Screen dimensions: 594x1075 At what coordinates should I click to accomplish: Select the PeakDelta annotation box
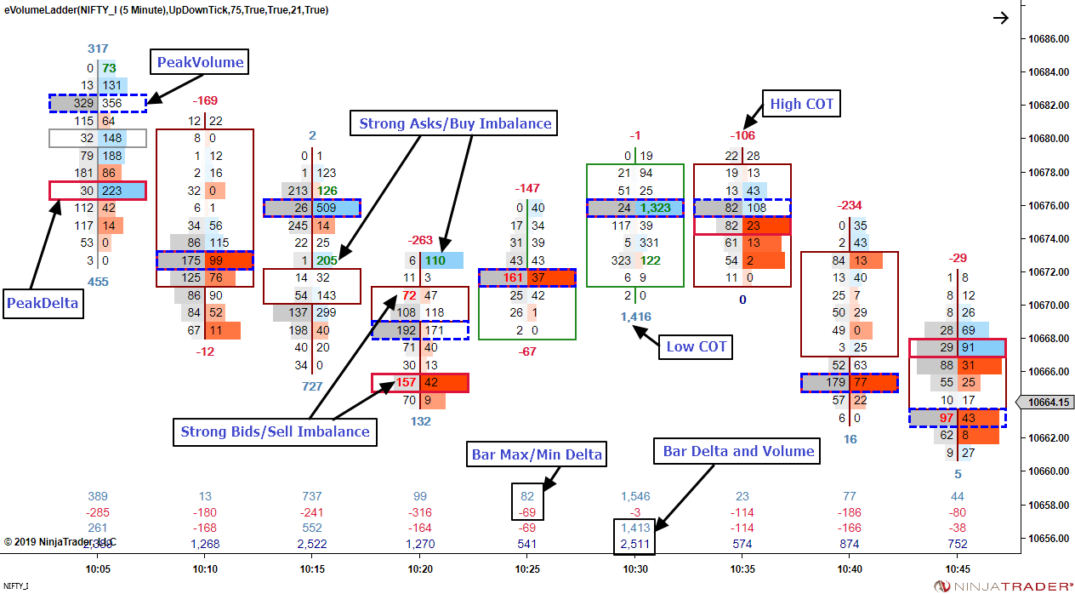[44, 302]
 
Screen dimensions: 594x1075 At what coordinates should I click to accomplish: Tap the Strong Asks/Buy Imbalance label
[455, 123]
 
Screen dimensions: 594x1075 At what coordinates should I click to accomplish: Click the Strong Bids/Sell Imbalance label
[276, 431]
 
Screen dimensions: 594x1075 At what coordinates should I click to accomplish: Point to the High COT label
[802, 104]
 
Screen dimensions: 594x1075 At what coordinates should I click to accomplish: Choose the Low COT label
[696, 346]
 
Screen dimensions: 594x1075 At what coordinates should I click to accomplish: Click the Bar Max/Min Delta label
[537, 455]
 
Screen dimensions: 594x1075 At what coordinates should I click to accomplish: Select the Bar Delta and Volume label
[738, 451]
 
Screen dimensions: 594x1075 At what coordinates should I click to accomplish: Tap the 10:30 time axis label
[635, 568]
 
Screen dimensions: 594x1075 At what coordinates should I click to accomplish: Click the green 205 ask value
[326, 260]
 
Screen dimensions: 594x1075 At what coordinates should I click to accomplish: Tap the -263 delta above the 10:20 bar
[422, 241]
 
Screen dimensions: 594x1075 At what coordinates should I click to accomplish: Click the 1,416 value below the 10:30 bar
[635, 317]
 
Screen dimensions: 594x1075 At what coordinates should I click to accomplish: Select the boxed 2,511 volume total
[635, 544]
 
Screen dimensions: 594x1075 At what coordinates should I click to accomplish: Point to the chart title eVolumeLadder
[38, 9]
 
